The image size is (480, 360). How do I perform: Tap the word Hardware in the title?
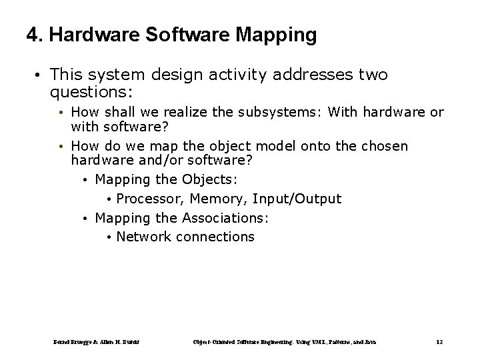(91, 35)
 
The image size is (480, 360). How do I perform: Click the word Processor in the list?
(151, 199)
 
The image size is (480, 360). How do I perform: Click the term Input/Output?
(295, 199)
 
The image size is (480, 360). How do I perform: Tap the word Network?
(143, 237)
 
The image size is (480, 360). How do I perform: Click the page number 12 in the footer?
(439, 341)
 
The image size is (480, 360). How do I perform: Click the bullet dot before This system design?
(40, 75)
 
